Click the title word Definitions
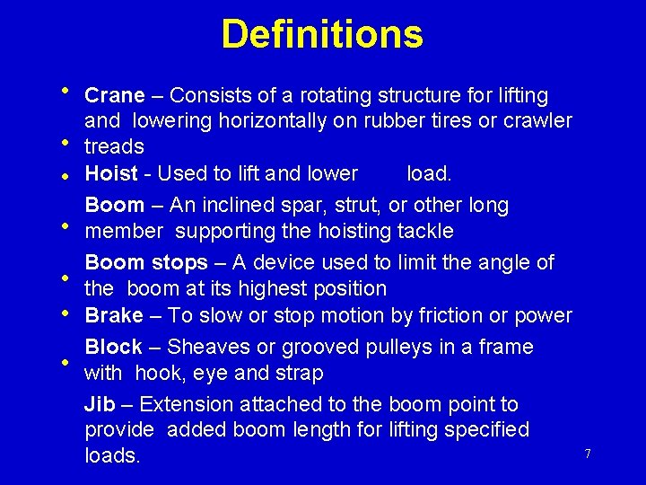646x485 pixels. pyautogui.click(x=322, y=34)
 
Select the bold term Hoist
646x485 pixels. pyautogui.click(x=111, y=173)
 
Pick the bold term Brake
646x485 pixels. pyautogui.click(x=114, y=315)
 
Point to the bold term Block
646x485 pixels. pyautogui.click(x=113, y=347)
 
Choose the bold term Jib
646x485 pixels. pyautogui.click(x=98, y=405)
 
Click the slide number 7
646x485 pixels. pyautogui.click(x=588, y=454)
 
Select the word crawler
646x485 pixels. pyautogui.click(x=536, y=120)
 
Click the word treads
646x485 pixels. pyautogui.click(x=114, y=146)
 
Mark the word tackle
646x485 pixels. pyautogui.click(x=424, y=232)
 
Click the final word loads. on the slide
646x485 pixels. pyautogui.click(x=112, y=456)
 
